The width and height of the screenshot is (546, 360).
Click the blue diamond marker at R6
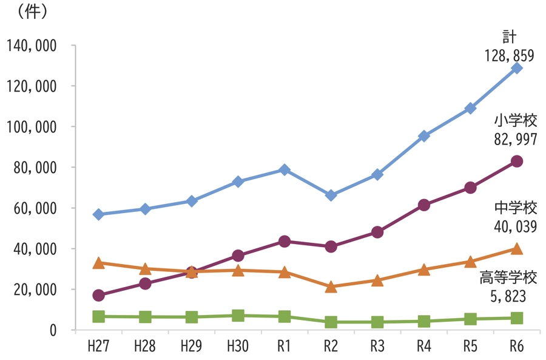click(x=517, y=68)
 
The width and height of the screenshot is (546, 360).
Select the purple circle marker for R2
click(x=331, y=246)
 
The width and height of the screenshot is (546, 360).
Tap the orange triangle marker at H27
click(x=98, y=263)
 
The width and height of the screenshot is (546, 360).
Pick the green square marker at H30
click(x=238, y=316)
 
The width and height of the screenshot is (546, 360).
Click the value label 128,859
click(x=509, y=56)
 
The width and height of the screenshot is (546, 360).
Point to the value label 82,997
click(x=516, y=140)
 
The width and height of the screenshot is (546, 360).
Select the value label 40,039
click(x=516, y=226)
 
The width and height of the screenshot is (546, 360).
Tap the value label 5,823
click(x=508, y=297)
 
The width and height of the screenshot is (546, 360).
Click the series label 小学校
click(x=516, y=121)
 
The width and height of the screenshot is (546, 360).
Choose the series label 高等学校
click(x=508, y=278)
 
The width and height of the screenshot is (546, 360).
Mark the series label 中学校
click(x=516, y=208)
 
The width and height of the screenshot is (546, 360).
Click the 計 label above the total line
click(x=509, y=36)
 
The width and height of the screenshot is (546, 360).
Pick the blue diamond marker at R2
click(x=331, y=195)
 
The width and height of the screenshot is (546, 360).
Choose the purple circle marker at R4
click(x=423, y=205)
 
